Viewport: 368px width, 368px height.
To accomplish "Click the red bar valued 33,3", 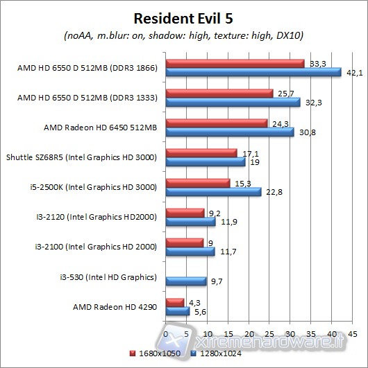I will [235, 63].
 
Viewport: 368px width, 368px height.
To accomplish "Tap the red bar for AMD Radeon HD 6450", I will [217, 123].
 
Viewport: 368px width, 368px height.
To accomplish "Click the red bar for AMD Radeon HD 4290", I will [174, 302].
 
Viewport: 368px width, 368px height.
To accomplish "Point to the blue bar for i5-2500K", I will [213, 192].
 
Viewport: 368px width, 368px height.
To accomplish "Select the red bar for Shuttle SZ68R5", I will [201, 152].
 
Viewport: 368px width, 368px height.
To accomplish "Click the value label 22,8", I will [272, 193].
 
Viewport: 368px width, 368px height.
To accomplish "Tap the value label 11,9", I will [227, 222].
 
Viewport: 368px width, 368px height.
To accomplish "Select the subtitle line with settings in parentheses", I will [183, 35].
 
